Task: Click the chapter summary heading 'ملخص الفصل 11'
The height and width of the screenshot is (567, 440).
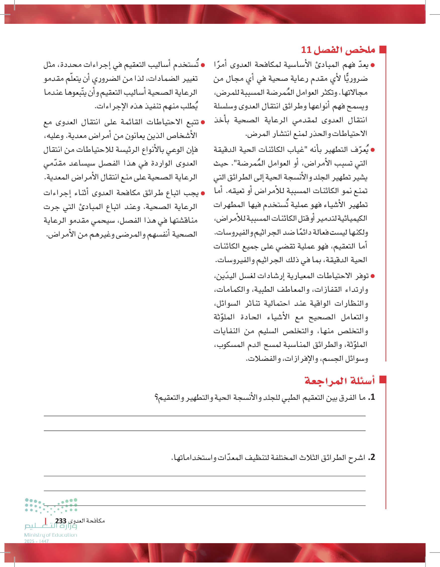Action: pos(338,50)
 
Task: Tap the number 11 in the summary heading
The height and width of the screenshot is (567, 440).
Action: pos(306,50)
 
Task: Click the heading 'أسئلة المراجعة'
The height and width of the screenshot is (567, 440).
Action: pos(340,381)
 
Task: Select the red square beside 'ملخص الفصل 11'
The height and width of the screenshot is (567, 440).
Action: pos(383,50)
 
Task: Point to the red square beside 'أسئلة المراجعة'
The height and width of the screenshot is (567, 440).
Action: pos(383,380)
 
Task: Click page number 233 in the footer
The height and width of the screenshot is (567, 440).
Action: pos(61,521)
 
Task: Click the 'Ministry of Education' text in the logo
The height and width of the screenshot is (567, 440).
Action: pos(51,535)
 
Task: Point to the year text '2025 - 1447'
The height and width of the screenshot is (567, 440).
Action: pos(37,541)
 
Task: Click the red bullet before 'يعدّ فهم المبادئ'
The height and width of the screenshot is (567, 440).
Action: pos(373,65)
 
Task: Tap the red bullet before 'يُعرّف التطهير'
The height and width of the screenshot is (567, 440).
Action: pos(373,150)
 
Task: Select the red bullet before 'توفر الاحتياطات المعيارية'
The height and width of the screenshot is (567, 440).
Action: pos(373,276)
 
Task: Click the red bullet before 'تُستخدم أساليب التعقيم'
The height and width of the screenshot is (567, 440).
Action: pos(203,65)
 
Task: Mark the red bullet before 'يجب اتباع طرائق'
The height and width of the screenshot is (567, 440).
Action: pos(203,193)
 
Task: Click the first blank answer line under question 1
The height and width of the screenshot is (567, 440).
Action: pos(204,416)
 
